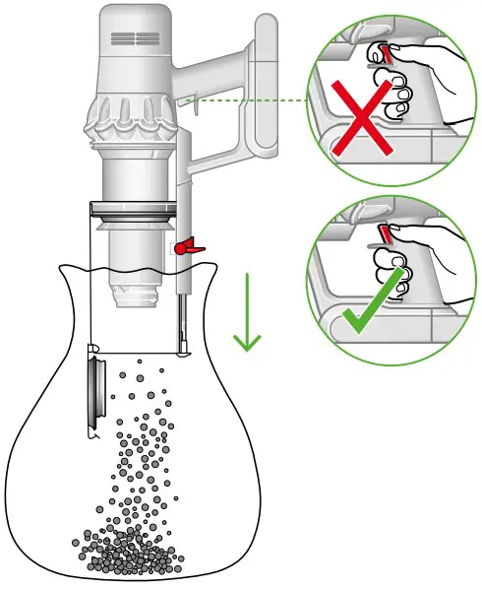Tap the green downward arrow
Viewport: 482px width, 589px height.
tap(247, 315)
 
